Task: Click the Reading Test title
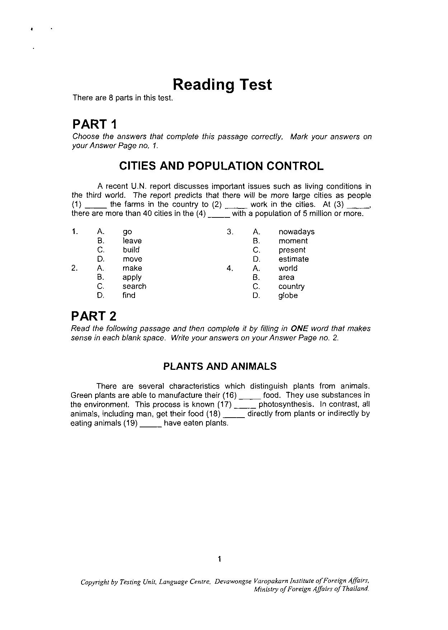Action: pos(222,84)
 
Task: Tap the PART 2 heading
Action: pos(94,316)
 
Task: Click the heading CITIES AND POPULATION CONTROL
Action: pos(221,166)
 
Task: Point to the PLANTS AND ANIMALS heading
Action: pos(220,366)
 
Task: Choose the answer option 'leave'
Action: pos(132,241)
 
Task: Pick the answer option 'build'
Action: pos(131,250)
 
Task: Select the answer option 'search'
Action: pos(134,286)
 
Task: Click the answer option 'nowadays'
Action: pos(297,232)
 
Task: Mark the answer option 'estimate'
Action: pos(294,259)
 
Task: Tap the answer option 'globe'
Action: pos(288,296)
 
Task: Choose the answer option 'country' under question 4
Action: pos(291,286)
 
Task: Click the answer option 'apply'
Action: pos(132,277)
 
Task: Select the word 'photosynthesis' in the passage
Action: pos(286,404)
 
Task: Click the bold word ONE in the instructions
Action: pos(299,328)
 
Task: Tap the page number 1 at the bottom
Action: pos(220,559)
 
